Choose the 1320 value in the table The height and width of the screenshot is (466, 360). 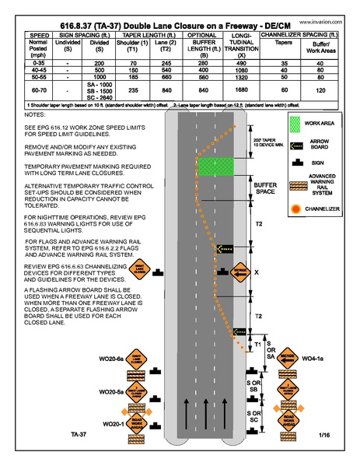(x=241, y=79)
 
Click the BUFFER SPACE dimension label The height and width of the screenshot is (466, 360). (x=266, y=188)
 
